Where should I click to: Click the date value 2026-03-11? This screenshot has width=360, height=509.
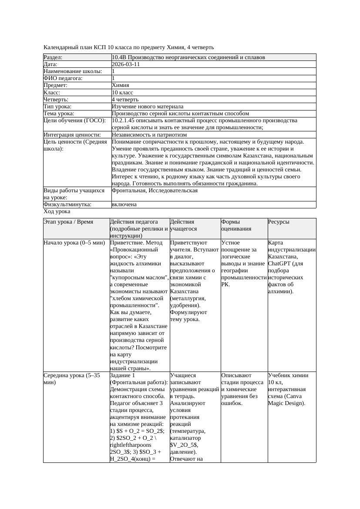(x=126, y=64)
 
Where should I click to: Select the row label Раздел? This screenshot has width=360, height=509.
(x=53, y=57)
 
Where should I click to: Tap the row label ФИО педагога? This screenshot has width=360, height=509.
(x=63, y=78)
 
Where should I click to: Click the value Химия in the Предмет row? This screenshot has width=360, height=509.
(x=121, y=85)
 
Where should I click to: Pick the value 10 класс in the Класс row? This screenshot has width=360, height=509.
(x=122, y=93)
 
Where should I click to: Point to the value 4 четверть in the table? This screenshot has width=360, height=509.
(x=126, y=100)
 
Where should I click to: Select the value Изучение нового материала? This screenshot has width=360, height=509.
(x=148, y=107)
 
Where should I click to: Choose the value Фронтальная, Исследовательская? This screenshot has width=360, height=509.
(x=155, y=191)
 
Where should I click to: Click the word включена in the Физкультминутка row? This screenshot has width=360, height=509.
(x=124, y=204)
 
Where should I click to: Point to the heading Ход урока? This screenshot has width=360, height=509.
(x=57, y=211)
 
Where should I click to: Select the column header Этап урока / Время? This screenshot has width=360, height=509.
(x=68, y=222)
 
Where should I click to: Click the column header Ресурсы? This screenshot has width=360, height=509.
(x=279, y=222)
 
